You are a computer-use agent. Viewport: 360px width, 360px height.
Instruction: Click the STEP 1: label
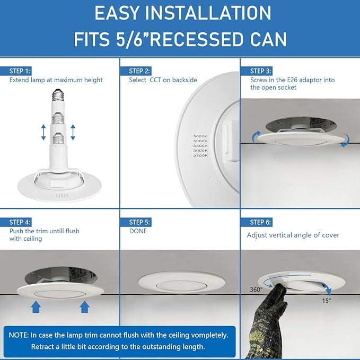click(20, 71)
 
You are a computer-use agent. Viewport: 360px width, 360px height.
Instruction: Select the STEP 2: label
click(139, 71)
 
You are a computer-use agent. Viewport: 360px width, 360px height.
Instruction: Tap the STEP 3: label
click(261, 71)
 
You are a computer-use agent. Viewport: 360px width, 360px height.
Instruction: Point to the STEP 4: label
click(20, 222)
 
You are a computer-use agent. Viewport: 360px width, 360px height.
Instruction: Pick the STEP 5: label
click(139, 222)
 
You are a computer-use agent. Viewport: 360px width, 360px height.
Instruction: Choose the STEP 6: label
click(261, 222)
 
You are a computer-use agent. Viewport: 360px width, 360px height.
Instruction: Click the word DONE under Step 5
click(138, 231)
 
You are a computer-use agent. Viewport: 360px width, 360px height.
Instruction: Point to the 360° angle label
click(256, 289)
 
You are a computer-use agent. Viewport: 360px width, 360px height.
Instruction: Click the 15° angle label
click(326, 300)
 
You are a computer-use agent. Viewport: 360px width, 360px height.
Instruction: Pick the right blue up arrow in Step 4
click(83, 307)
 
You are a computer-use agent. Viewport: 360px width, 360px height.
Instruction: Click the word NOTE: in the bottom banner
click(19, 335)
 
